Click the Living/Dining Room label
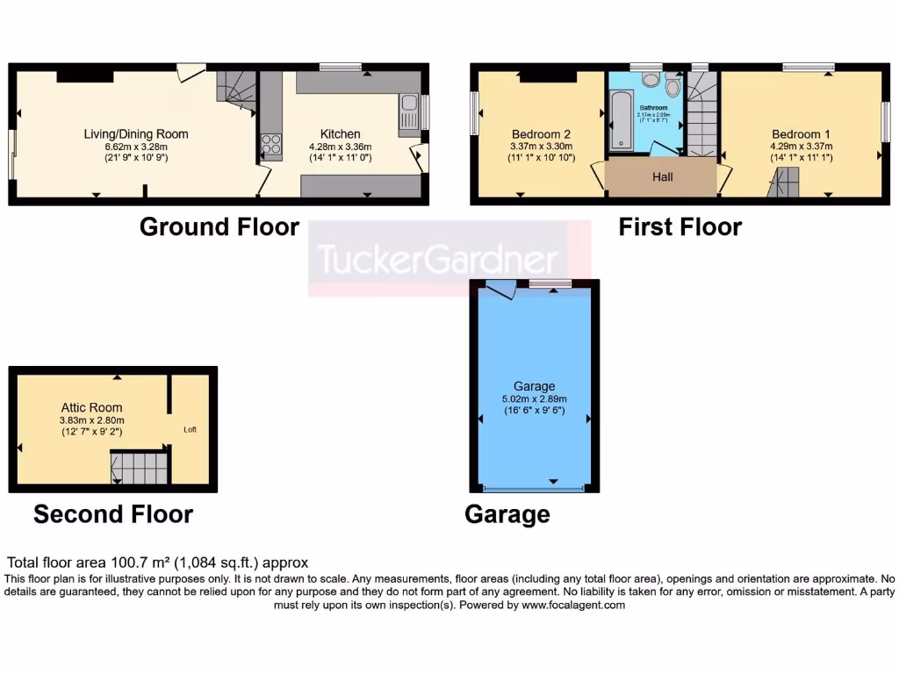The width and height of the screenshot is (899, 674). click(x=135, y=134)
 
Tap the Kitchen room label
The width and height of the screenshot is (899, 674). click(x=340, y=134)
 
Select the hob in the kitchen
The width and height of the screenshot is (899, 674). click(x=271, y=144)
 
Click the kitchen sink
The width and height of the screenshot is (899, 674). click(x=408, y=113)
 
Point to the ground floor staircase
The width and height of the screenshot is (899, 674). click(x=236, y=90)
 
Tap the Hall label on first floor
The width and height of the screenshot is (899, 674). click(x=663, y=177)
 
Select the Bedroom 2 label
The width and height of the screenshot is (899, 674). click(x=541, y=134)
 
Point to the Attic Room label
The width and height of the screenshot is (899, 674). click(x=91, y=407)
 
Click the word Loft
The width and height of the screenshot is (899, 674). click(x=190, y=430)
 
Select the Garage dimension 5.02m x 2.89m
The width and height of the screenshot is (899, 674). click(x=534, y=398)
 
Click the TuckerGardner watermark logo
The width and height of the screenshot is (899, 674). click(x=437, y=259)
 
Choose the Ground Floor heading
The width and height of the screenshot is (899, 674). click(x=219, y=227)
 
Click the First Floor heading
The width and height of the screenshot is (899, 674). click(x=680, y=227)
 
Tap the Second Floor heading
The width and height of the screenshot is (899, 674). click(x=113, y=514)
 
